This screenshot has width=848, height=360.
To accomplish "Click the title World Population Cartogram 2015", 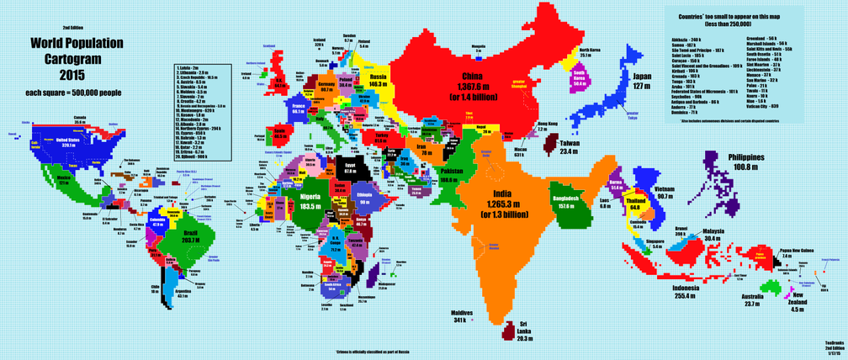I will coord(64,59).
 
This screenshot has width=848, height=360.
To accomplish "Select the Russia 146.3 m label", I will coord(378,81).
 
